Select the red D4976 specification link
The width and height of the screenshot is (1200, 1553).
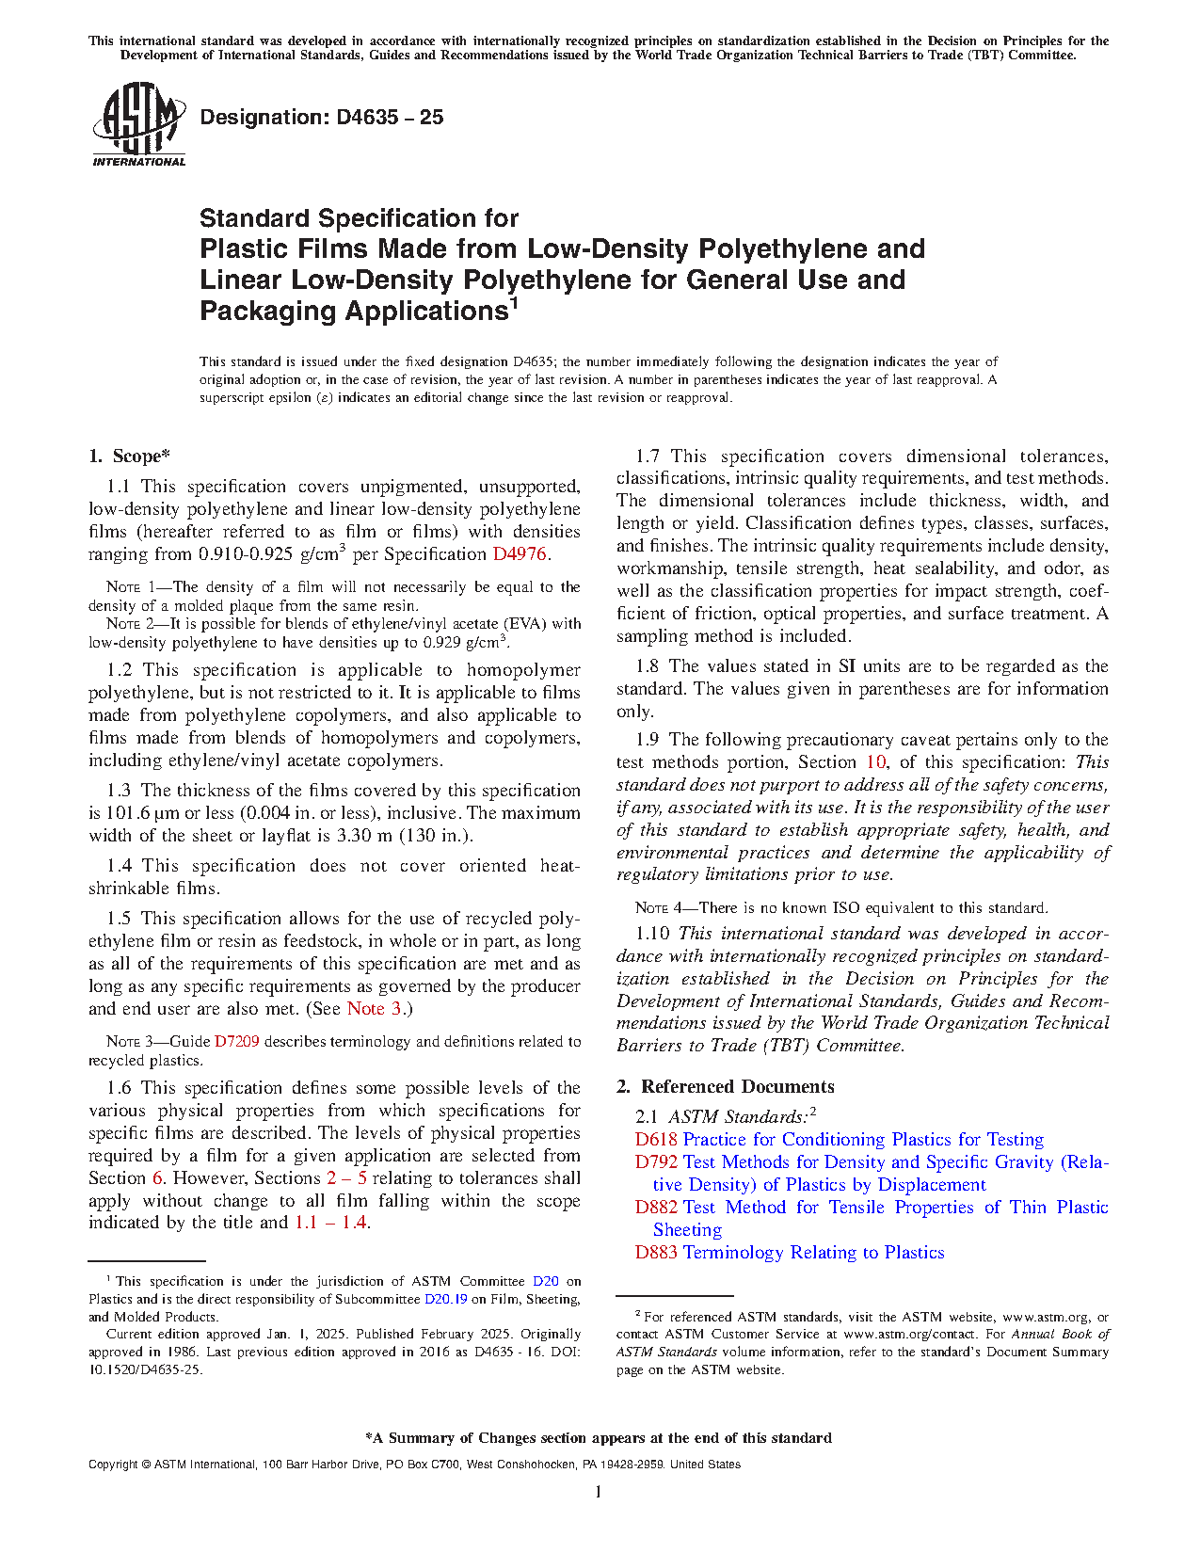(x=519, y=554)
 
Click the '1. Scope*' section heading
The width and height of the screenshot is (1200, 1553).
(x=129, y=456)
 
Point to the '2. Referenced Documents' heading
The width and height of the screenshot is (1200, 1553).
(x=725, y=1087)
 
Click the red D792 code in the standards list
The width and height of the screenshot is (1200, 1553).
(x=656, y=1162)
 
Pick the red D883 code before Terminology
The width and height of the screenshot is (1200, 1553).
(x=656, y=1253)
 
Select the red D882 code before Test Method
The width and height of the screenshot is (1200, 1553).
(x=656, y=1208)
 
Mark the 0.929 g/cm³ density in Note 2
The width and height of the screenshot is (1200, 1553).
(x=466, y=643)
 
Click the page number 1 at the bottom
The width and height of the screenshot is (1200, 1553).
(x=599, y=1492)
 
